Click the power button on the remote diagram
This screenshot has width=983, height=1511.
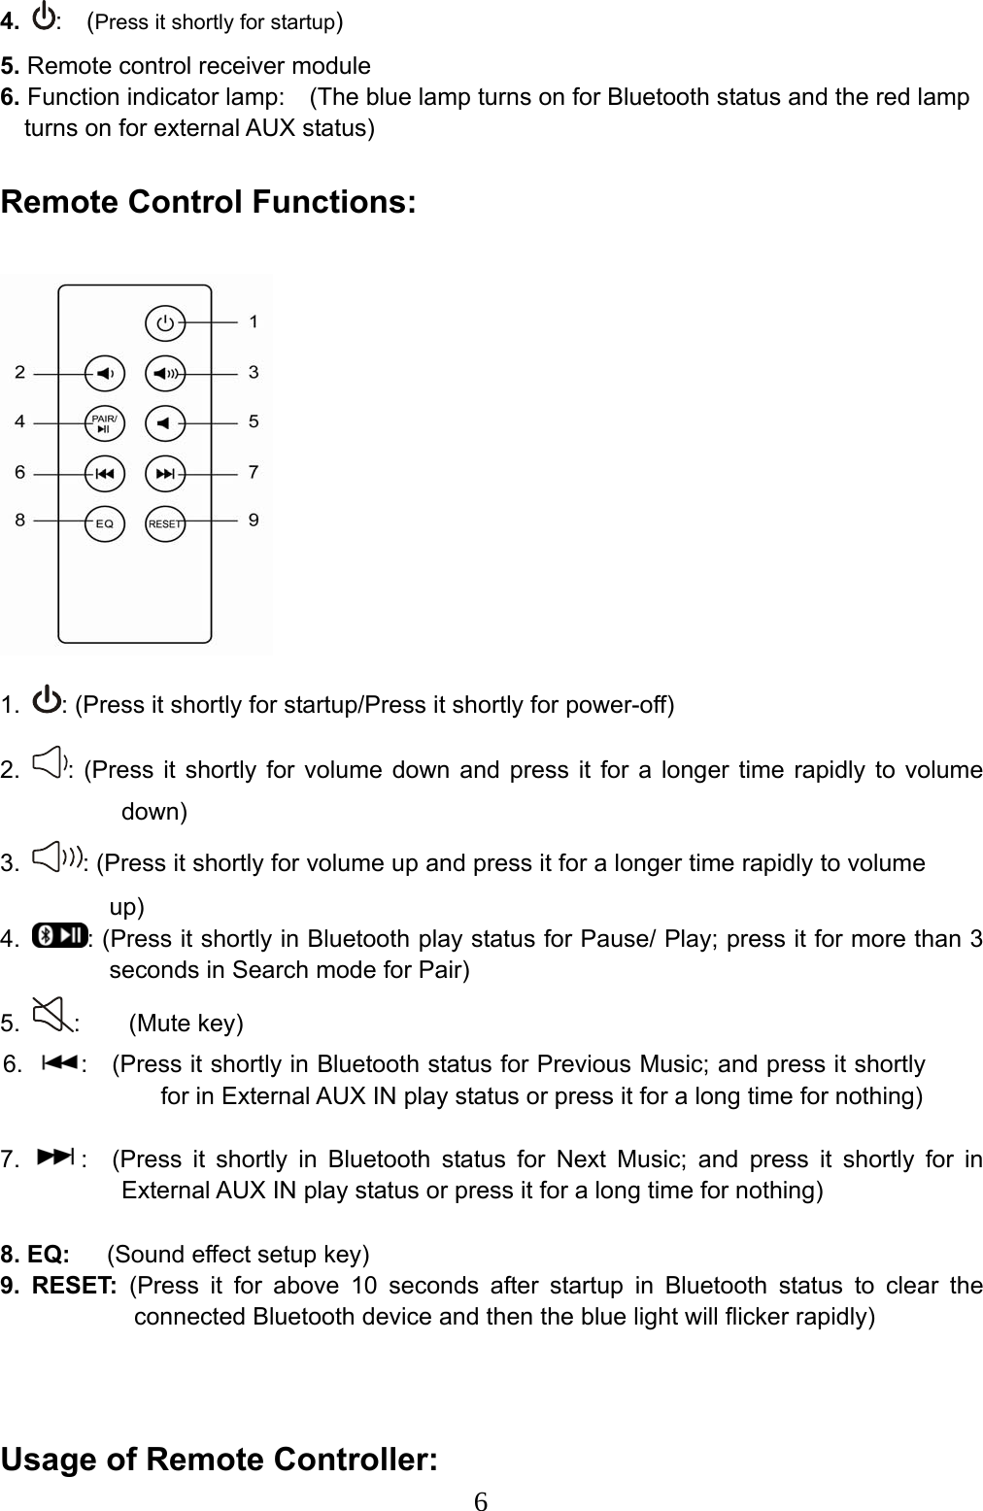pyautogui.click(x=165, y=322)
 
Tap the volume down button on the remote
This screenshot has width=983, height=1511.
pyautogui.click(x=105, y=373)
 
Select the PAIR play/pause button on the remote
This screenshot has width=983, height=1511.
pyautogui.click(x=105, y=422)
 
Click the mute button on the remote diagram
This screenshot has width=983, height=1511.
pyautogui.click(x=165, y=422)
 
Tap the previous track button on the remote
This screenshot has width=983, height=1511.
pyautogui.click(x=105, y=474)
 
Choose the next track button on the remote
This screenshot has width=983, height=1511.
pyautogui.click(x=165, y=474)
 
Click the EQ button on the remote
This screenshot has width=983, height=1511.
pyautogui.click(x=105, y=523)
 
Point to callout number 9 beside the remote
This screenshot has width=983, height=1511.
pyautogui.click(x=254, y=520)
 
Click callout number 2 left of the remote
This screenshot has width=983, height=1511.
pyautogui.click(x=20, y=371)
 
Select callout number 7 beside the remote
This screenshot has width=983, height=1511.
pyautogui.click(x=254, y=472)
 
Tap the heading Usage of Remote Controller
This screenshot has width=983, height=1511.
pyautogui.click(x=220, y=1460)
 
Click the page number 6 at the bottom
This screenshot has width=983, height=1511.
pyautogui.click(x=480, y=1501)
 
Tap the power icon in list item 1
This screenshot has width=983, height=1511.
pyautogui.click(x=46, y=699)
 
